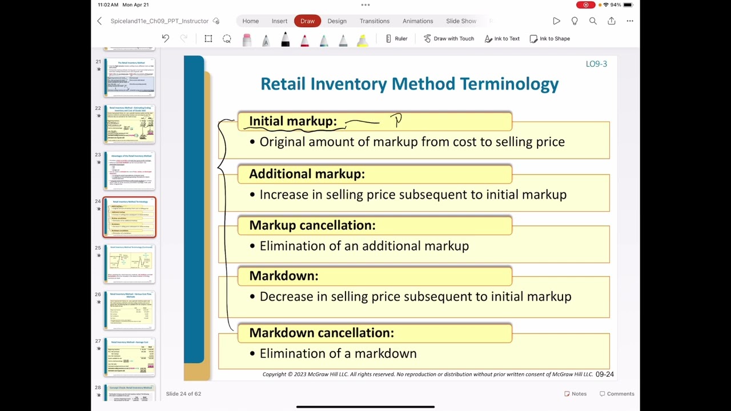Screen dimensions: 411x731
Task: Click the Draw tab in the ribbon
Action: point(307,21)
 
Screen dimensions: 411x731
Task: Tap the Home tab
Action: point(250,21)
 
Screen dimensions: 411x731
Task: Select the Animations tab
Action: point(417,21)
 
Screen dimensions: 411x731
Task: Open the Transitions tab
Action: point(374,21)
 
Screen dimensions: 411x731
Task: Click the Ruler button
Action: point(396,39)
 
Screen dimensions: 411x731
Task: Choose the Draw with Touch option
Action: point(448,39)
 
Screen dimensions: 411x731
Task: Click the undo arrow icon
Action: point(165,39)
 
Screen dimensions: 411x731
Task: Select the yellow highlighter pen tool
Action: point(362,40)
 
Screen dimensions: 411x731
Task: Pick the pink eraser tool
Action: point(247,40)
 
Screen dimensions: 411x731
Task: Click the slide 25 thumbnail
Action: point(130,264)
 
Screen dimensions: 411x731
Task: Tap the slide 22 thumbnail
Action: point(130,124)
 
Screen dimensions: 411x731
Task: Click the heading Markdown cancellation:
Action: point(321,333)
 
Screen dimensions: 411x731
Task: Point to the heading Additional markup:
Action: point(307,174)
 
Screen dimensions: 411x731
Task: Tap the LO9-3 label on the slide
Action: point(596,64)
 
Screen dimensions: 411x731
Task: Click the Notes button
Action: point(575,394)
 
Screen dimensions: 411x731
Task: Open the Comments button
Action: point(617,394)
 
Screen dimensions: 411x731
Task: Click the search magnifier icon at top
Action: point(593,21)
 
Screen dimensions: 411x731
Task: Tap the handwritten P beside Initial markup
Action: point(397,120)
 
